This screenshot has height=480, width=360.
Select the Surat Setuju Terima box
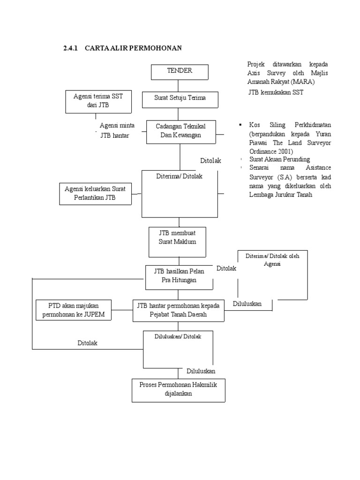click(180, 98)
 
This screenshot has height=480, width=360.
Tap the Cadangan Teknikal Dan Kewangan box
click(180, 131)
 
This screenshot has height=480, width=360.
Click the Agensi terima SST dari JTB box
click(98, 101)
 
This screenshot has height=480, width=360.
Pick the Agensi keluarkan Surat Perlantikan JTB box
click(95, 194)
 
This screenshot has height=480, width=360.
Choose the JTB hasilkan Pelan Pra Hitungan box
click(179, 276)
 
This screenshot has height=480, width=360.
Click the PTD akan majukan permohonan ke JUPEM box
click(74, 310)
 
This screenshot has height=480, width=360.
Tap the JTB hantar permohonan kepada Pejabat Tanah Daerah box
click(178, 310)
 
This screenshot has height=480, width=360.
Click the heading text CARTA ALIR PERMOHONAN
click(133, 48)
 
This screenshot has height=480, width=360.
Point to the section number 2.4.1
click(71, 48)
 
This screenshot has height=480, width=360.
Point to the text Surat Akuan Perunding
click(279, 159)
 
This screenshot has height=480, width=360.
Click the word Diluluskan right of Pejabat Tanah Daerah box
click(247, 304)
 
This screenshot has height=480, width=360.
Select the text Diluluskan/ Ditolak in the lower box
click(178, 337)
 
